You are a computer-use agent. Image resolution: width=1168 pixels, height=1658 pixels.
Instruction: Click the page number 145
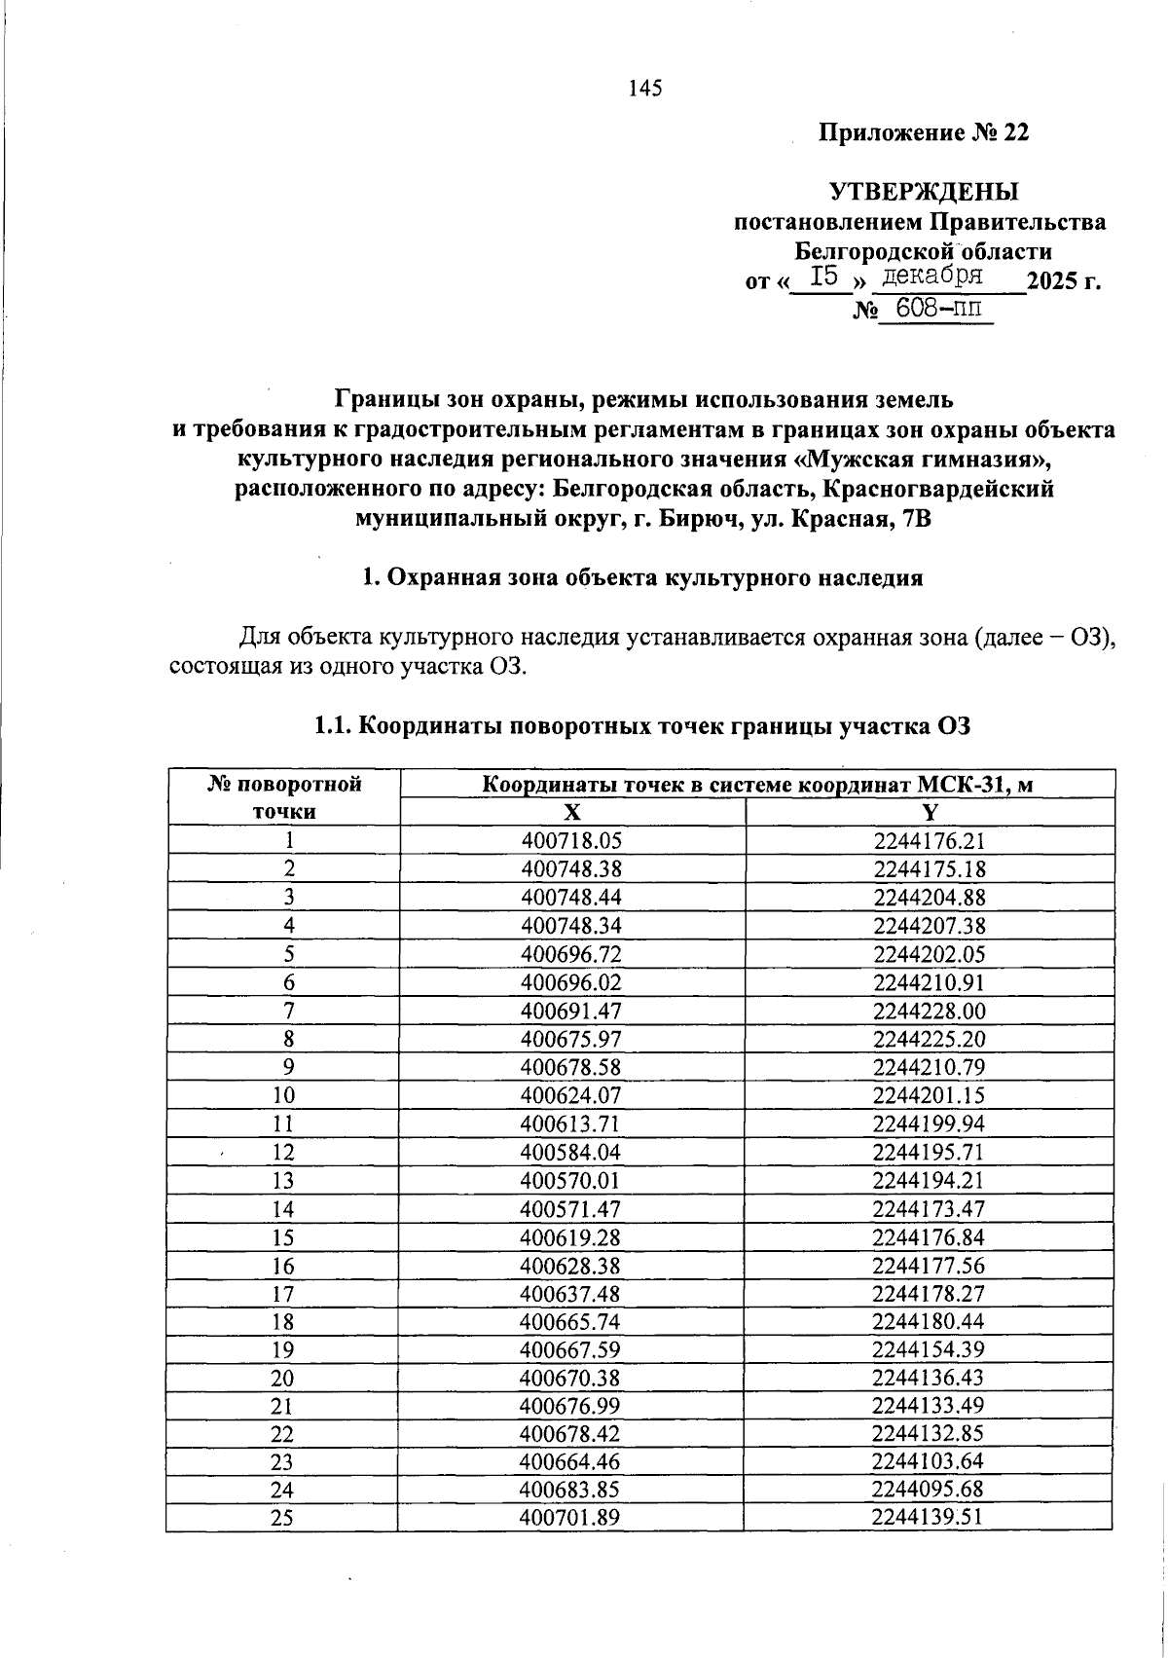644,89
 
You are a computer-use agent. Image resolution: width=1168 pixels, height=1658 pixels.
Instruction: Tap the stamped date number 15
823,277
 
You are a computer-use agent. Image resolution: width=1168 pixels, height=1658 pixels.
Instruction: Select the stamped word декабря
929,276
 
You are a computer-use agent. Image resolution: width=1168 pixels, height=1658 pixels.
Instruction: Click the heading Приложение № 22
923,132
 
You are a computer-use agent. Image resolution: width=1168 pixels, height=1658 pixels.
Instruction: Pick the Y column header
930,813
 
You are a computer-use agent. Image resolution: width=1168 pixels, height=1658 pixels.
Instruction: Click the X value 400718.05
571,841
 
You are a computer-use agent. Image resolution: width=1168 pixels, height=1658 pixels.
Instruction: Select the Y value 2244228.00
930,1011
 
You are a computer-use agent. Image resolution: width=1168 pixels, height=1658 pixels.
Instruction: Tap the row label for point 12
283,1153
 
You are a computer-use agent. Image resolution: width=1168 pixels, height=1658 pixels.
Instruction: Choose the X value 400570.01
571,1181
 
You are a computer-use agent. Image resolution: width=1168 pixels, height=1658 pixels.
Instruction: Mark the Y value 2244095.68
930,1490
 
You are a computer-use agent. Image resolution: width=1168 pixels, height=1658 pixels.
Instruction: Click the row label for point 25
283,1518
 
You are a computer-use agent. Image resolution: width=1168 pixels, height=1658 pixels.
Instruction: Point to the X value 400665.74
571,1321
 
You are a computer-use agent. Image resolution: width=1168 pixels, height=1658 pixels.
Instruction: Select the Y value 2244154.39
930,1349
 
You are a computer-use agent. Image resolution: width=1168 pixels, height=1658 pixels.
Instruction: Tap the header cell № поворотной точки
284,797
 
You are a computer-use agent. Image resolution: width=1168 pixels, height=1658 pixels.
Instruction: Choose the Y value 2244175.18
930,868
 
